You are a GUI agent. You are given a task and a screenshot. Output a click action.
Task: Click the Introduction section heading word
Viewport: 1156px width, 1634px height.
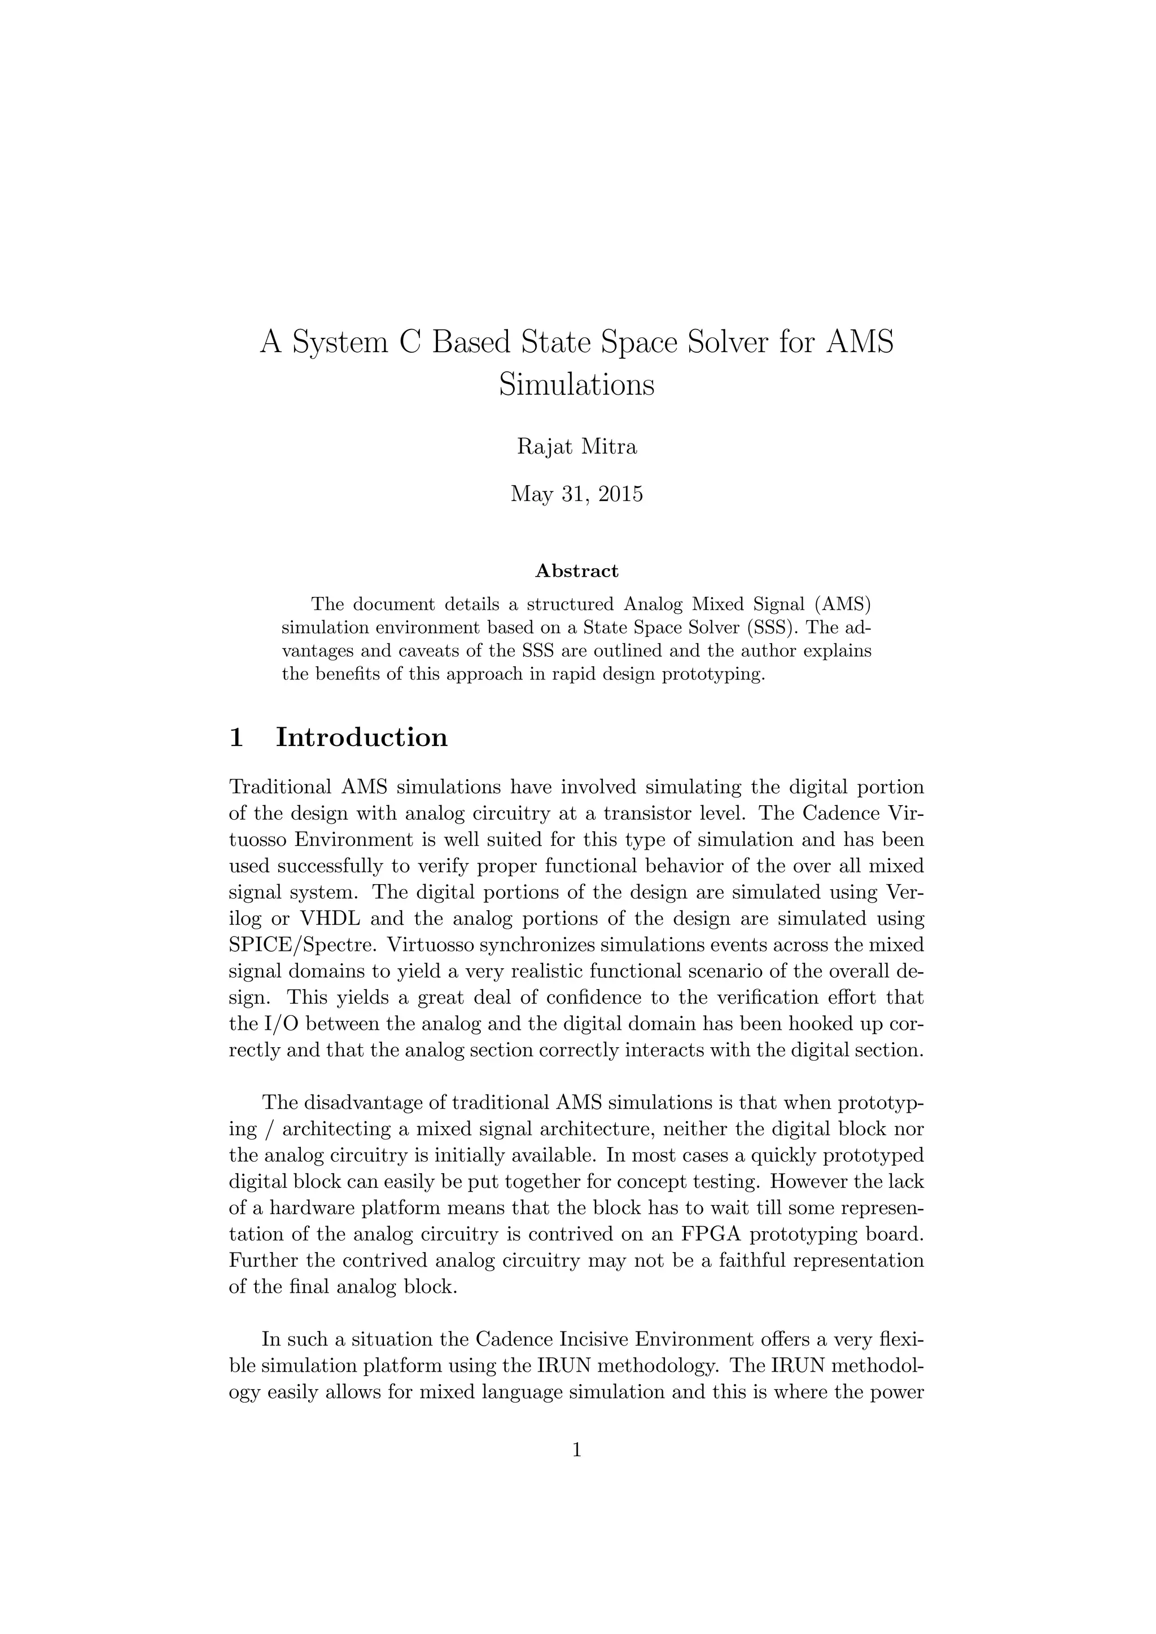pyautogui.click(x=362, y=737)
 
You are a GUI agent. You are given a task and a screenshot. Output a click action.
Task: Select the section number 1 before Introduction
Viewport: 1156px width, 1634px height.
pyautogui.click(x=237, y=737)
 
